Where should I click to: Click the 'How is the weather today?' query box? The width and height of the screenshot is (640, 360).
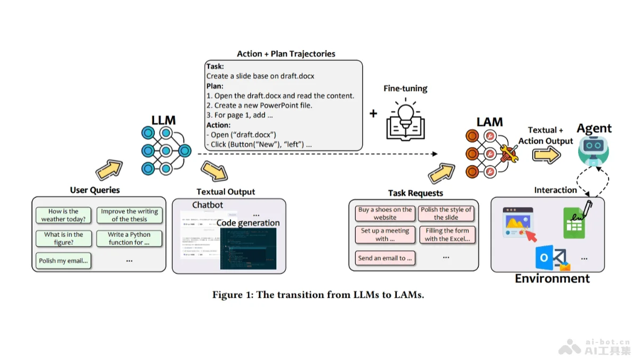(63, 215)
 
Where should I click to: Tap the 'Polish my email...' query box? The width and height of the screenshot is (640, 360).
(63, 261)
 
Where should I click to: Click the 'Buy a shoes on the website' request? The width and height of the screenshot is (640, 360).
(385, 213)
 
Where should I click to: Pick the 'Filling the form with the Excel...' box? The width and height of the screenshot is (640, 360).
(447, 235)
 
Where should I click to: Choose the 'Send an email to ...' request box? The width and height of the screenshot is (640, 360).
(385, 258)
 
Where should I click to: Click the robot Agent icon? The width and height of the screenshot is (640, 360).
(594, 149)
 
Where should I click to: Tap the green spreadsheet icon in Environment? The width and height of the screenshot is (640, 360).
(574, 223)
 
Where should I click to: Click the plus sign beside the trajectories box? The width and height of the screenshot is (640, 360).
(373, 114)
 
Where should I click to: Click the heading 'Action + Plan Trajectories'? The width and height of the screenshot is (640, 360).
(286, 54)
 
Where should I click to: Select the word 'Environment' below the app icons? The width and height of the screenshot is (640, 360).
(552, 278)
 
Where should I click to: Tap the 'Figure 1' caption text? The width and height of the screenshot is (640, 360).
(318, 295)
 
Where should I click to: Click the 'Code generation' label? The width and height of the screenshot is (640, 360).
(248, 223)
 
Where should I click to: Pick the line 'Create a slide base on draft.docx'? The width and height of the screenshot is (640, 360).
(260, 76)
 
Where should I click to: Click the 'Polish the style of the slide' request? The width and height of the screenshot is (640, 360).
(446, 213)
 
